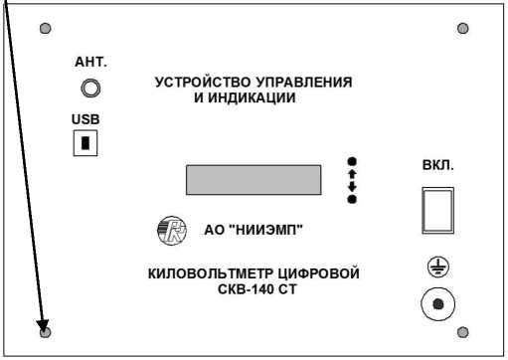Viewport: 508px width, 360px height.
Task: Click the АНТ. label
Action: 90,62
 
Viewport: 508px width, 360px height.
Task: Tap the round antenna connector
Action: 90,90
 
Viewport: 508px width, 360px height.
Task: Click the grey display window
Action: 253,180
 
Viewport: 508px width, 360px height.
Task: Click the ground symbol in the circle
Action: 438,268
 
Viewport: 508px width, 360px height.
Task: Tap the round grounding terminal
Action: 438,304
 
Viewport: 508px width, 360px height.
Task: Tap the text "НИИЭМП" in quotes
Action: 268,232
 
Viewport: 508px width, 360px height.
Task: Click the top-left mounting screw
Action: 45,29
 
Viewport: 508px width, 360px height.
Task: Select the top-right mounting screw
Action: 462,29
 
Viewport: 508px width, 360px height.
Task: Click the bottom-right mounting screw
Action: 462,331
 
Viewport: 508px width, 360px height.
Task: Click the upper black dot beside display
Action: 352,161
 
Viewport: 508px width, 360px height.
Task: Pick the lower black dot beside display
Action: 352,200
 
